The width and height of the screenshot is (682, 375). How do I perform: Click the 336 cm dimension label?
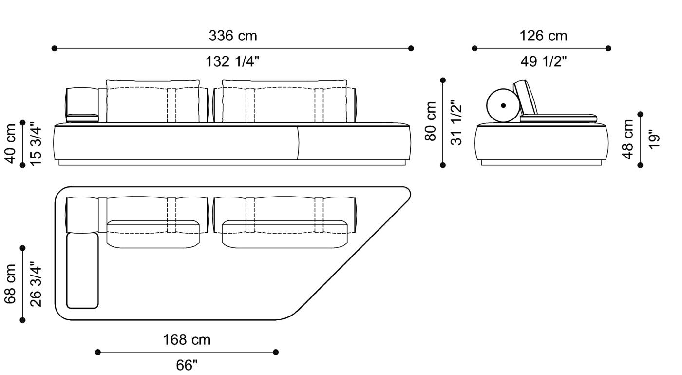tap(232, 36)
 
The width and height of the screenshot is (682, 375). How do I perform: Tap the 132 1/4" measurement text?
tap(232, 62)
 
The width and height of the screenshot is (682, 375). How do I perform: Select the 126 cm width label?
tap(543, 36)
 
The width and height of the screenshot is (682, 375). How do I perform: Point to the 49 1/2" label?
tap(543, 62)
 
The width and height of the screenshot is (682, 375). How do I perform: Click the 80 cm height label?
tap(431, 121)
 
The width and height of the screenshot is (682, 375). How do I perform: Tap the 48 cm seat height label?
tap(628, 139)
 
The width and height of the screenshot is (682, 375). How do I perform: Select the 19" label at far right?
tap(655, 139)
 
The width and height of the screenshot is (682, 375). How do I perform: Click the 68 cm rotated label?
tap(11, 284)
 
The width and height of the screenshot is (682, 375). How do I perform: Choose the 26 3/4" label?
tap(36, 284)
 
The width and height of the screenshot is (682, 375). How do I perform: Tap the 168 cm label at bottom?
tap(187, 340)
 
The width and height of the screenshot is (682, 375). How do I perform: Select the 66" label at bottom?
tap(187, 365)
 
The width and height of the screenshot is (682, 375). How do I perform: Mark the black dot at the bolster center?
tap(503, 105)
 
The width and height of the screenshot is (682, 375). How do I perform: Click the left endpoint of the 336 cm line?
tap(55, 48)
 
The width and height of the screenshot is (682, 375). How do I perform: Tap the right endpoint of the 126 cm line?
tap(608, 48)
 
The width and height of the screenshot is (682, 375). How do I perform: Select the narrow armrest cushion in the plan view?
tap(82, 271)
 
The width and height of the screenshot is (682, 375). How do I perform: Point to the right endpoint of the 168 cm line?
tap(276, 352)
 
